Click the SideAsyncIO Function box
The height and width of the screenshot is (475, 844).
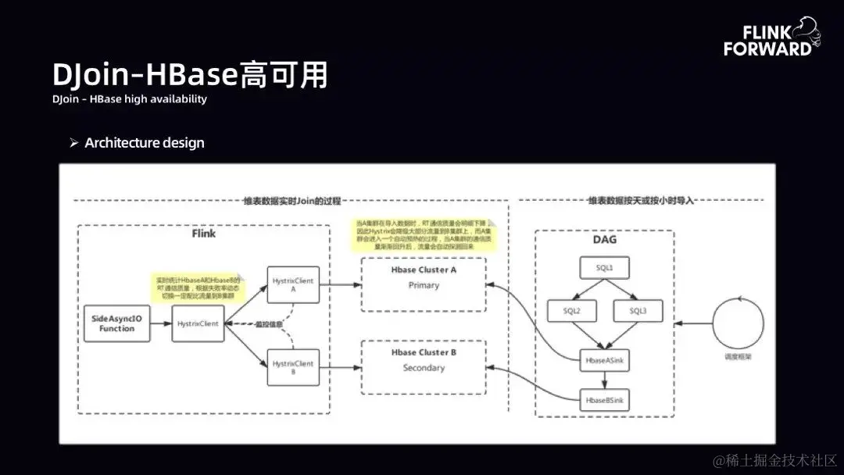116,323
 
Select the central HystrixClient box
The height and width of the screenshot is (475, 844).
198,323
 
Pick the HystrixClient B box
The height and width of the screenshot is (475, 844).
292,367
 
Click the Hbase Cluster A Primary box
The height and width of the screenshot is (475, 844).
424,277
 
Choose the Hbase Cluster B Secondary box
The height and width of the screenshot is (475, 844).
424,360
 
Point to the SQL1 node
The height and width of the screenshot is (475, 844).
605,268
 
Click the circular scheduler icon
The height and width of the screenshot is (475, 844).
738,322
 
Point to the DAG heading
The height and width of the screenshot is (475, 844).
605,239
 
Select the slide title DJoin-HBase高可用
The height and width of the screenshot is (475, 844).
190,75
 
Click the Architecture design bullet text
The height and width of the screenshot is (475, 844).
145,143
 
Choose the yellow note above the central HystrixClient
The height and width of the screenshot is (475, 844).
197,288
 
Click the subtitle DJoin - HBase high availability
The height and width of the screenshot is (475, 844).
130,99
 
